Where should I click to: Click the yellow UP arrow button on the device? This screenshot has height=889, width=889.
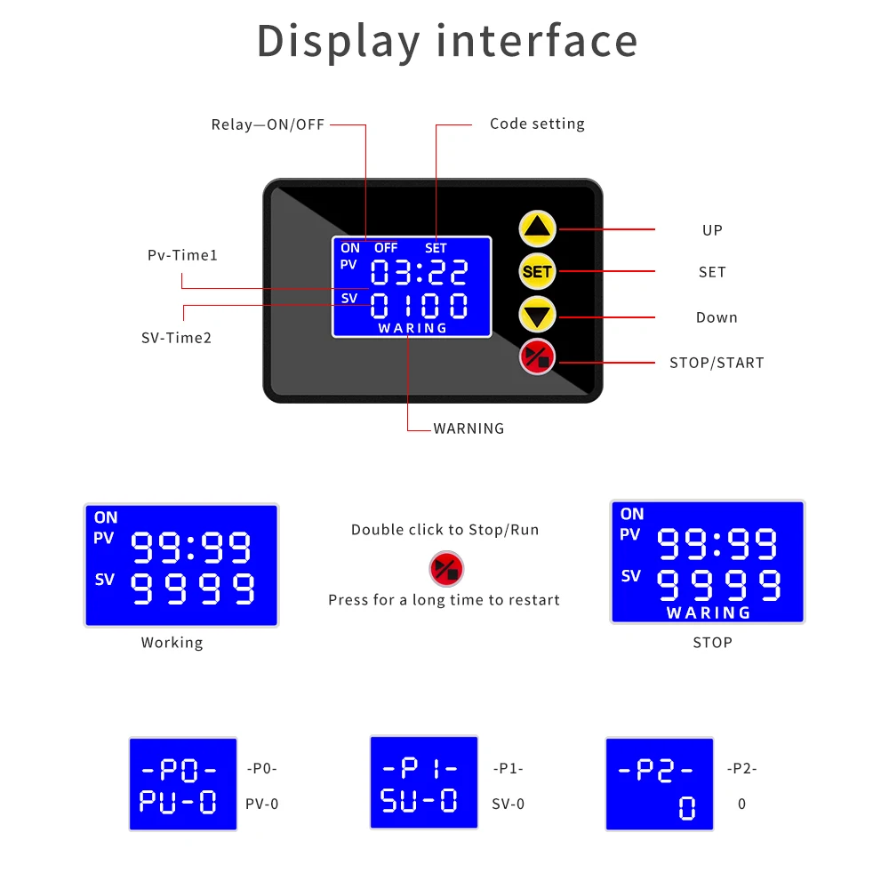point(538,229)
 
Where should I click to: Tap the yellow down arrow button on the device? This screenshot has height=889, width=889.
point(538,315)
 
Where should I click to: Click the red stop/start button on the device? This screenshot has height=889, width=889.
point(538,357)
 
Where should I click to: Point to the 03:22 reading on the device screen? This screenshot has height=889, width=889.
point(420,273)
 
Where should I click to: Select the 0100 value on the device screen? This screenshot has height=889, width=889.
point(420,306)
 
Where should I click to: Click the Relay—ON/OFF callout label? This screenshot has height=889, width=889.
point(268,124)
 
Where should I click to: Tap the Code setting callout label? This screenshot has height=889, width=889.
point(537,124)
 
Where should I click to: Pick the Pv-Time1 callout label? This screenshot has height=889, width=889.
point(182,256)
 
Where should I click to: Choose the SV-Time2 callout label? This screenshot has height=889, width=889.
point(176,338)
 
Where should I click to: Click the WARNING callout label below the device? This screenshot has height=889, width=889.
point(469,428)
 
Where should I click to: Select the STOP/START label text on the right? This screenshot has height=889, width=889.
point(717,363)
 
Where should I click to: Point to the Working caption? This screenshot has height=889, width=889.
point(172,643)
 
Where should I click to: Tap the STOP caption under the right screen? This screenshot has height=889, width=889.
point(712,643)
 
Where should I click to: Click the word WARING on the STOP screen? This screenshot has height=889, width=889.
point(709,613)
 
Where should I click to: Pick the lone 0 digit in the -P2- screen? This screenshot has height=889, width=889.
point(686,807)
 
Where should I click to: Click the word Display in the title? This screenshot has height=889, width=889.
point(339,42)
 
